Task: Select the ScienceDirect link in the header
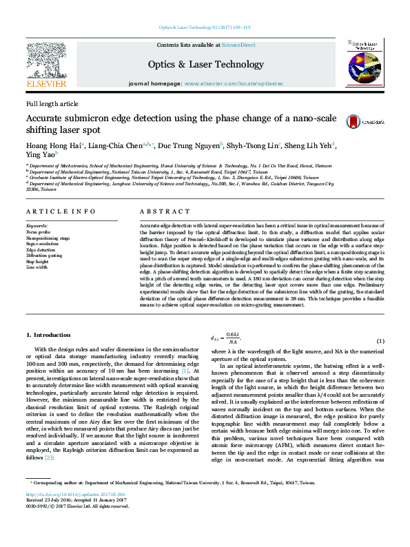(238, 45)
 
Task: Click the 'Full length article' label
(52, 103)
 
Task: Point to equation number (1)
(380, 342)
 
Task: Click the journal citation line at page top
(205, 28)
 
